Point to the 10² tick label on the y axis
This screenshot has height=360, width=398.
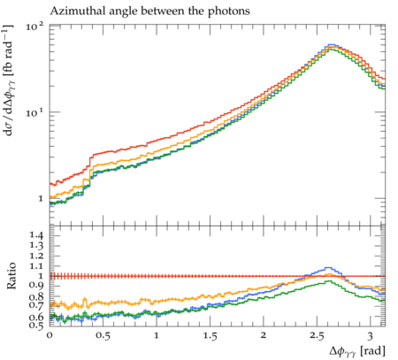pyautogui.click(x=34, y=27)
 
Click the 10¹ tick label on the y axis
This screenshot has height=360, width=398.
pyautogui.click(x=34, y=112)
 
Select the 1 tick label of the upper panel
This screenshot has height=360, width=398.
pyautogui.click(x=41, y=198)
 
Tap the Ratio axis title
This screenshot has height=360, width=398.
pyautogui.click(x=11, y=276)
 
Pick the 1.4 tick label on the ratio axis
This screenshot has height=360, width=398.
pyautogui.click(x=36, y=235)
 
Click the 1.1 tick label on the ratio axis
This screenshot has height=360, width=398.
pyautogui.click(x=36, y=266)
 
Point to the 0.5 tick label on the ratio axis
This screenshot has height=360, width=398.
pyautogui.click(x=36, y=325)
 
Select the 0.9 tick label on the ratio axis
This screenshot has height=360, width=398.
pyautogui.click(x=36, y=286)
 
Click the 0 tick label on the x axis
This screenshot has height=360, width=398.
pyautogui.click(x=50, y=335)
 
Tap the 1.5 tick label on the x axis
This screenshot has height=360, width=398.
pyautogui.click(x=210, y=335)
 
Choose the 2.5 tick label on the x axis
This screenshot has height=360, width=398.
pyautogui.click(x=317, y=335)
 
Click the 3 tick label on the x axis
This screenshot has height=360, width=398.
pyautogui.click(x=371, y=335)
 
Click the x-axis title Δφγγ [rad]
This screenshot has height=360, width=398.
pyautogui.click(x=357, y=351)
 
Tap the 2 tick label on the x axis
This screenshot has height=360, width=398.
pyautogui.click(x=264, y=335)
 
